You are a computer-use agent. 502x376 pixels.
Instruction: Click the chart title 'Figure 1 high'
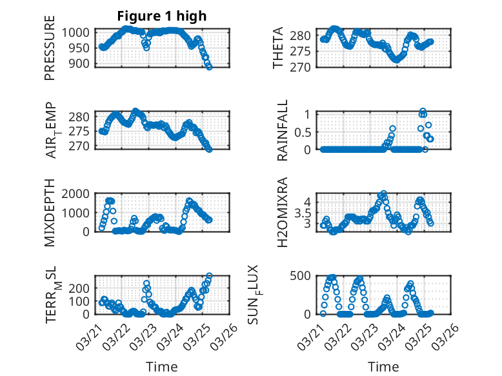(162, 17)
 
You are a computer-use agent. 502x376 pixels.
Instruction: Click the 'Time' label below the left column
(163, 366)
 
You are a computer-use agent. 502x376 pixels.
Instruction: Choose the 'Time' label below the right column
(383, 366)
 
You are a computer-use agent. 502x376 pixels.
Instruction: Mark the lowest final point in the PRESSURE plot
(209, 66)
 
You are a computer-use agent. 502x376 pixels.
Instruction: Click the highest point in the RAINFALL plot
(423, 112)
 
